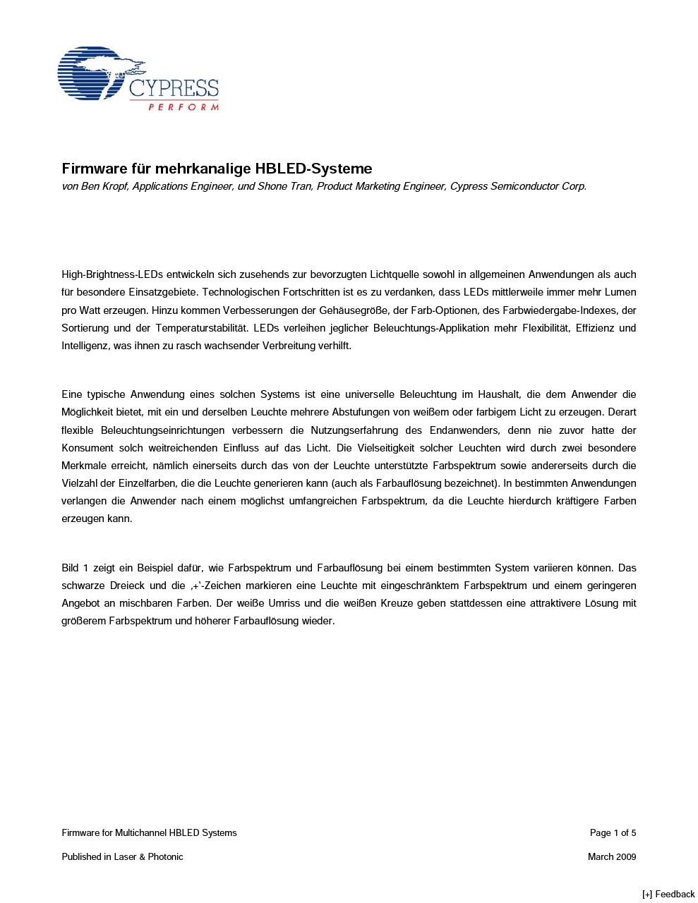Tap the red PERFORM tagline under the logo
click(x=183, y=107)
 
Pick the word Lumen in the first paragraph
click(x=621, y=292)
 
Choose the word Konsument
click(x=88, y=448)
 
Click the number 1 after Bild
click(x=86, y=568)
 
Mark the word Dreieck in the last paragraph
click(x=128, y=586)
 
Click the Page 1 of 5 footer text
click(x=613, y=833)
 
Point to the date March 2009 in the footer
click(x=611, y=857)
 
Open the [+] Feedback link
click(x=668, y=894)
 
